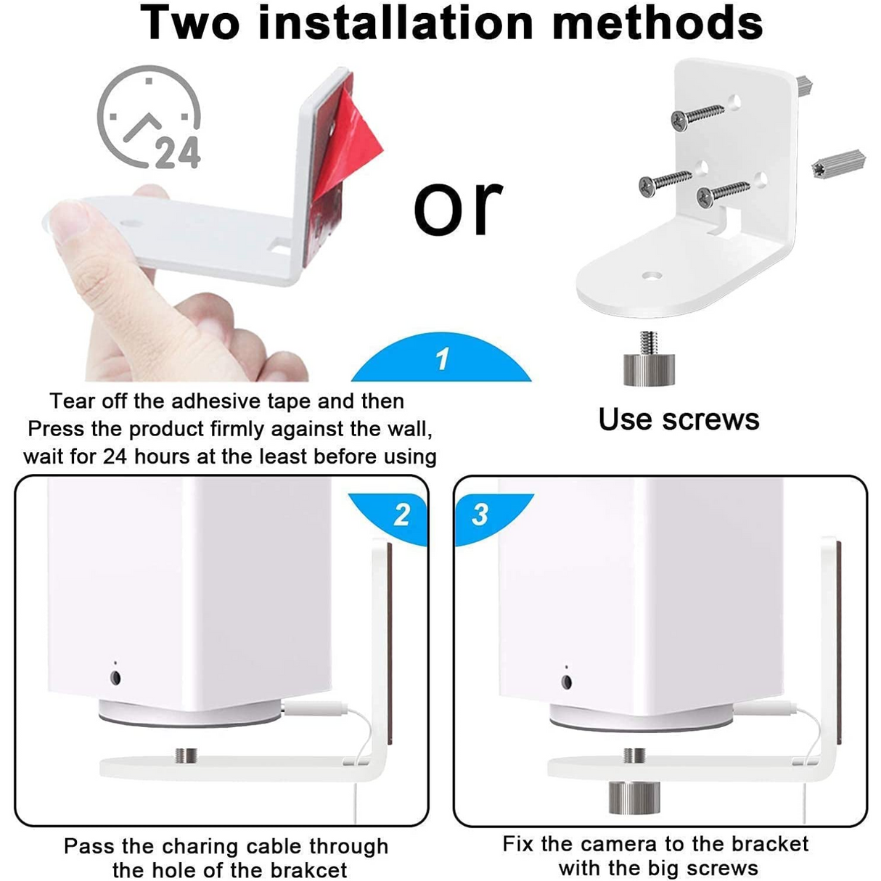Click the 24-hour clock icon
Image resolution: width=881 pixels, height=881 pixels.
pyautogui.click(x=149, y=118)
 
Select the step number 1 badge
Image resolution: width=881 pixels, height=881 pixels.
pyautogui.click(x=442, y=360)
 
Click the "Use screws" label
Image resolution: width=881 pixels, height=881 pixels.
pyautogui.click(x=679, y=419)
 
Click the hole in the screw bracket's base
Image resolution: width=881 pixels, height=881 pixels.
pyautogui.click(x=652, y=276)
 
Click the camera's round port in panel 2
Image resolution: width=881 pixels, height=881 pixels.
pyautogui.click(x=115, y=678)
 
